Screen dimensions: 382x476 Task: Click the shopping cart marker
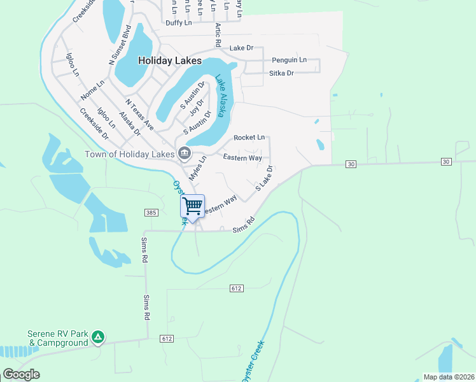192,206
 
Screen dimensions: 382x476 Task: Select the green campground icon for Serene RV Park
97,337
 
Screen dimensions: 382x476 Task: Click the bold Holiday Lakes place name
170,61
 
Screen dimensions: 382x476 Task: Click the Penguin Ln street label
289,60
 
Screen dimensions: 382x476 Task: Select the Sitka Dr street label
281,73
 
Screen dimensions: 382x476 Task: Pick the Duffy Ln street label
178,23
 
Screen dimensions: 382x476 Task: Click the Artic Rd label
218,36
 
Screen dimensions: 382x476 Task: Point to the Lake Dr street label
241,48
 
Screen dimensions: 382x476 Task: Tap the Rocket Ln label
249,138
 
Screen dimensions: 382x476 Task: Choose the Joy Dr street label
197,108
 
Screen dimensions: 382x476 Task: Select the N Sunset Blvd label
121,45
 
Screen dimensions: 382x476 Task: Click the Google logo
21,374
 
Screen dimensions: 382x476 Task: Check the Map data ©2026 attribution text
449,377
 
